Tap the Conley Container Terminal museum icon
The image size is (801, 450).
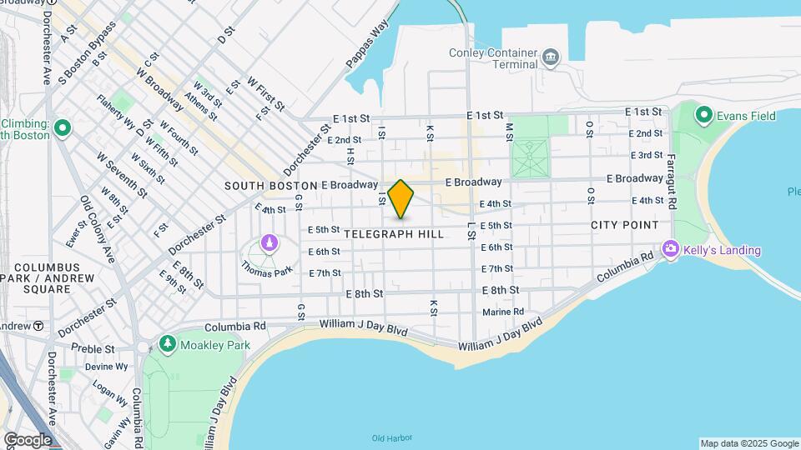pyautogui.click(x=551, y=57)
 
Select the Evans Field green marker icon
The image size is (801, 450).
pyautogui.click(x=703, y=116)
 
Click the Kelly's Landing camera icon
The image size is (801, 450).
pyautogui.click(x=670, y=249)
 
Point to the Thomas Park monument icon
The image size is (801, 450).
pyautogui.click(x=269, y=243)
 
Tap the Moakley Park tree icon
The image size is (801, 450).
pyautogui.click(x=168, y=343)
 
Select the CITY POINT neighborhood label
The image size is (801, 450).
pyautogui.click(x=624, y=226)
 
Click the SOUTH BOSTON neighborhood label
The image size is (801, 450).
pyautogui.click(x=270, y=185)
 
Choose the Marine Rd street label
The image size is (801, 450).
pyautogui.click(x=503, y=312)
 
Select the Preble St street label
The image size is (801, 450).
pyautogui.click(x=93, y=349)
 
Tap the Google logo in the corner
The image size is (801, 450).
pyautogui.click(x=28, y=440)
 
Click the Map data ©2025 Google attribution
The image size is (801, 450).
pyautogui.click(x=748, y=443)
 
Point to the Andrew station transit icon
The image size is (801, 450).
pyautogui.click(x=38, y=326)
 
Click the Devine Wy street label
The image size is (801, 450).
pyautogui.click(x=106, y=366)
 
